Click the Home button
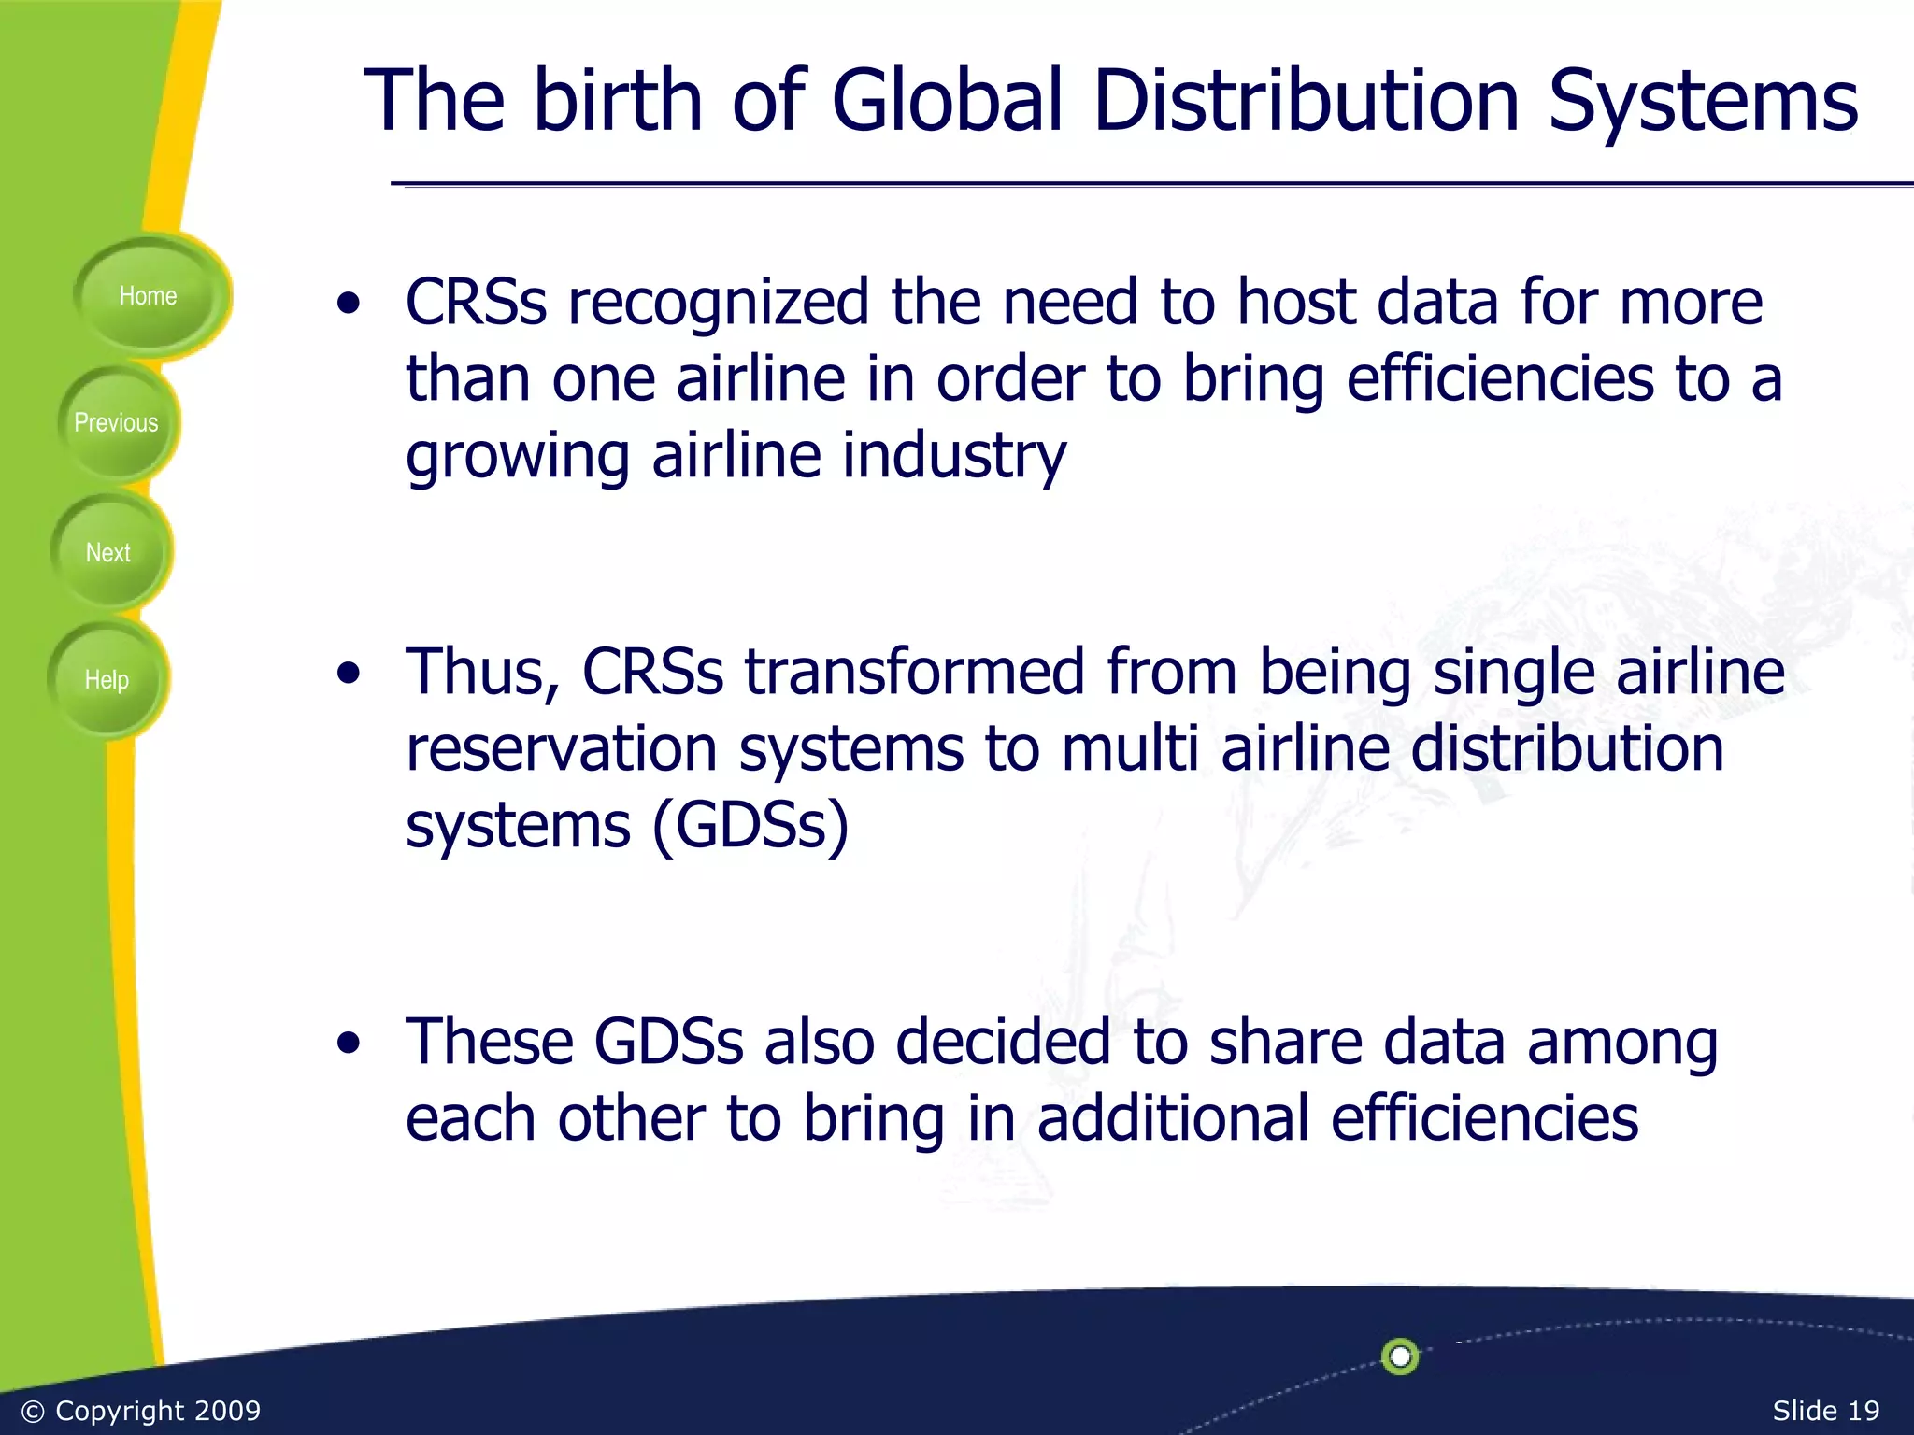coord(148,296)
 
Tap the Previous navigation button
coord(116,423)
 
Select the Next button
coord(108,553)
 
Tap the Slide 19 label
coord(1825,1410)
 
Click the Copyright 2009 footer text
coord(141,1410)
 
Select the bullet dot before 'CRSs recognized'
coord(349,304)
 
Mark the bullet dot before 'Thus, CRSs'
coord(349,674)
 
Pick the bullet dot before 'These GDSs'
coord(349,1044)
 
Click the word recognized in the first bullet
coord(718,304)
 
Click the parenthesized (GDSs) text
coord(750,826)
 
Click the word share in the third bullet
coord(1286,1042)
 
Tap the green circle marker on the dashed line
coord(1400,1356)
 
